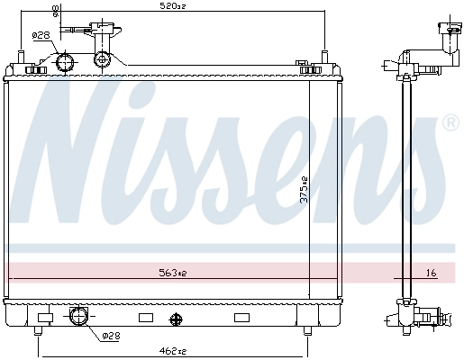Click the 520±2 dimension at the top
pyautogui.click(x=173, y=6)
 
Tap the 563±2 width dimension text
pyautogui.click(x=173, y=273)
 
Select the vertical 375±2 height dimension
pyautogui.click(x=305, y=189)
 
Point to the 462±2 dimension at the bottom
pyautogui.click(x=174, y=351)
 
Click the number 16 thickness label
pyautogui.click(x=431, y=273)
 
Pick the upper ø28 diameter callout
pyautogui.click(x=41, y=35)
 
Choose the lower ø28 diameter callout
pyautogui.click(x=111, y=336)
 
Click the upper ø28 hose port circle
pyautogui.click(x=65, y=62)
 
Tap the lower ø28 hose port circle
pyautogui.click(x=78, y=316)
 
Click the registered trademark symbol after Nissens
pyautogui.click(x=451, y=122)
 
